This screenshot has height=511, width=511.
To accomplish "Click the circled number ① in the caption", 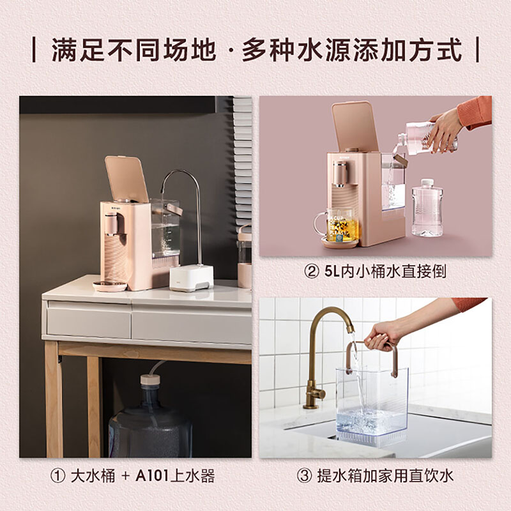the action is pos(57,476).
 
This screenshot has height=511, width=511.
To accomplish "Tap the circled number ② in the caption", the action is pos(311,272).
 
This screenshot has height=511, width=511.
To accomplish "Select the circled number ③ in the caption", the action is pos(305,476).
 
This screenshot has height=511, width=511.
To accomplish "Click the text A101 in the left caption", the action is pos(152,476).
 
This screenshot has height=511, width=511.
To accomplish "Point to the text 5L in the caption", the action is pos(332,272).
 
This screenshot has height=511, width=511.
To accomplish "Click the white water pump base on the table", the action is pos(191,278).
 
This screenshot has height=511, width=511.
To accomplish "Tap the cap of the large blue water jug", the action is pos(150,379).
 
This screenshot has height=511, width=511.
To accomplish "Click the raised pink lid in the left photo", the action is pos(126,179).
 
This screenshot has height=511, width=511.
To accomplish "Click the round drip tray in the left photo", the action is pos(109,286).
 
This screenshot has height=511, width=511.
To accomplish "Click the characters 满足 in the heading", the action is pos(79,50).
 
